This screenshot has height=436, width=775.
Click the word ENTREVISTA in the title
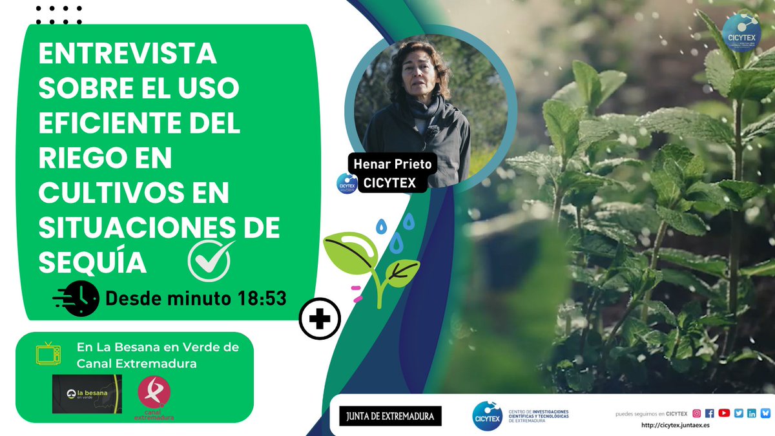(128, 55)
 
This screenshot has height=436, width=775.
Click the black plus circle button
(320, 318)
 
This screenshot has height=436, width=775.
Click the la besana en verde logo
(87, 394)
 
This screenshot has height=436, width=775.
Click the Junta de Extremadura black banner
(391, 416)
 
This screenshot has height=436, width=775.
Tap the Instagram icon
(697, 413)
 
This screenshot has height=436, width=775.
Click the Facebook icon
(710, 413)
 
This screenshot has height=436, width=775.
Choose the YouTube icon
(724, 413)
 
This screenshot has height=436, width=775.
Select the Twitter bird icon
(738, 413)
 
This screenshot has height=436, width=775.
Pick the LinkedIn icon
(751, 413)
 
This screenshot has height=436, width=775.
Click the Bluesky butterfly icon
(765, 413)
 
